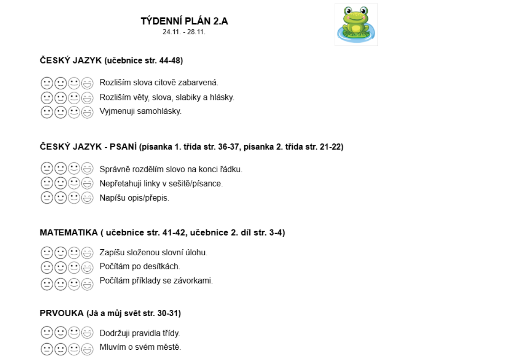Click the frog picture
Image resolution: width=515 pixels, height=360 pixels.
click(356, 24)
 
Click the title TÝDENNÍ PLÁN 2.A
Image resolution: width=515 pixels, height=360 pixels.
click(184, 21)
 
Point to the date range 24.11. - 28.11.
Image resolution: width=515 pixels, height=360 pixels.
click(184, 32)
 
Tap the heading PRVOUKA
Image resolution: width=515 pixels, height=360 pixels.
click(62, 314)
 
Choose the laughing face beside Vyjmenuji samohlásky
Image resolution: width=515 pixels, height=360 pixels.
click(88, 112)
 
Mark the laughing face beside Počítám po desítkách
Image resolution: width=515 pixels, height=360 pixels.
click(88, 268)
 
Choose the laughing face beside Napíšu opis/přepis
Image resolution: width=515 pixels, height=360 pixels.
click(88, 198)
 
